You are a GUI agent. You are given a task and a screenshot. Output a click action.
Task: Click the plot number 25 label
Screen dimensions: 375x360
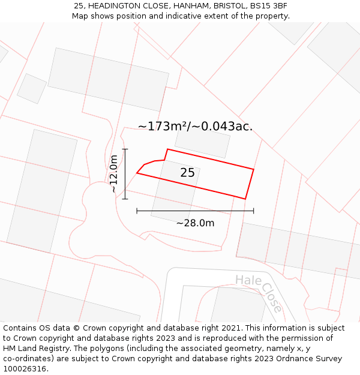click(x=187, y=173)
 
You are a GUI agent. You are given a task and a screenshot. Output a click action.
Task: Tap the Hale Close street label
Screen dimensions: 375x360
click(x=259, y=292)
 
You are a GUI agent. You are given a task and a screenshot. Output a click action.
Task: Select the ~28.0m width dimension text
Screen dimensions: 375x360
click(x=195, y=223)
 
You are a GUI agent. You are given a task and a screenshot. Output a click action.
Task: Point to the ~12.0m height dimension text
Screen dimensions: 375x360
click(x=113, y=173)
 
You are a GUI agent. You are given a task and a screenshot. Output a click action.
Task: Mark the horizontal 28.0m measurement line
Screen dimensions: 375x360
click(x=195, y=211)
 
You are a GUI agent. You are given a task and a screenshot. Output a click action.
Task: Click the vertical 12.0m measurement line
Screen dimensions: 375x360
click(x=125, y=174)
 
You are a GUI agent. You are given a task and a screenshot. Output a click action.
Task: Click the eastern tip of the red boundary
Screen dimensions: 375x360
click(x=254, y=169)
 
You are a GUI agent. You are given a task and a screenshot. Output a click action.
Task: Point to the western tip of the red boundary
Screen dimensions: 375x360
click(x=137, y=173)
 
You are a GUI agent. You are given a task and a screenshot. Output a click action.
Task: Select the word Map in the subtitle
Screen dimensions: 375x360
click(x=80, y=16)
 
